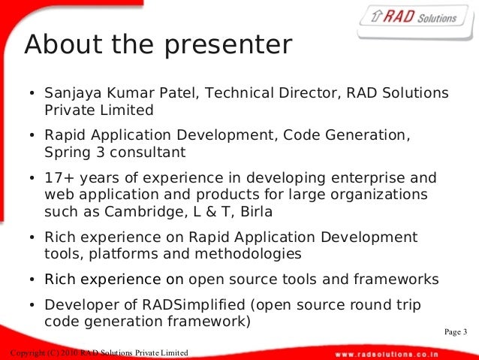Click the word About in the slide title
coord(63,44)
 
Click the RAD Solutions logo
coord(415,21)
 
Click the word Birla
coord(256,212)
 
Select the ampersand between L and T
coord(211,212)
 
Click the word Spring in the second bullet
coord(68,153)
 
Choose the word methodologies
coord(248,255)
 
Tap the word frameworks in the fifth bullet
coord(396,280)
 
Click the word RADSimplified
coord(194,305)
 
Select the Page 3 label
coord(456,332)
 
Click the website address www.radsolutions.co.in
coord(387,355)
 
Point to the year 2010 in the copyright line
coord(69,353)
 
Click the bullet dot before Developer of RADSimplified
coord(32,305)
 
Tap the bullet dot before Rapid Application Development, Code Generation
coord(32,135)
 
